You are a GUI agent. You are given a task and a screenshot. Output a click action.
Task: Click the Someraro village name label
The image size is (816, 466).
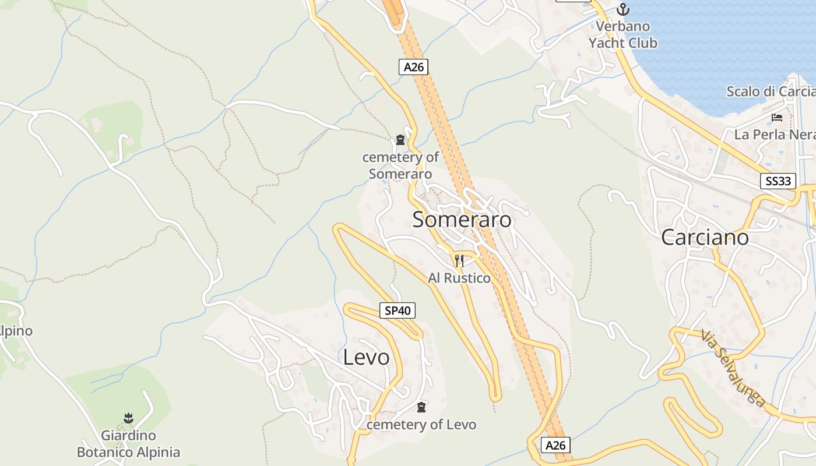click(462, 220)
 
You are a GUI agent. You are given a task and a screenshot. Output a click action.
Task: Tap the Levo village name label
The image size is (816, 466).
click(366, 357)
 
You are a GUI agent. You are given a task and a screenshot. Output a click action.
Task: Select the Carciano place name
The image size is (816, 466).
click(705, 238)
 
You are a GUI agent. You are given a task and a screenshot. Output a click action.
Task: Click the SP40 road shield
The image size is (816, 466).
click(398, 310)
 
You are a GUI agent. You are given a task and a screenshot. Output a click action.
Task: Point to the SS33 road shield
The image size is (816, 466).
click(778, 181)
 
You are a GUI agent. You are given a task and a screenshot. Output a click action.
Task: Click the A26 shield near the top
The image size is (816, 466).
click(414, 67)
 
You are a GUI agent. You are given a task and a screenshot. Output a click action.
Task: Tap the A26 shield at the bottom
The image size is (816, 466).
click(555, 446)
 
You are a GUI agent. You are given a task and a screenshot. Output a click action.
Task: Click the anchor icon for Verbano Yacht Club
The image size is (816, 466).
click(623, 9)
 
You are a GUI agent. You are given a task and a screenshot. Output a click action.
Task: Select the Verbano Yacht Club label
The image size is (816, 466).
click(622, 35)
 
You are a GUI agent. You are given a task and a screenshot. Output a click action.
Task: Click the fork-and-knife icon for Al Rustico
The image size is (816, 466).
click(459, 260)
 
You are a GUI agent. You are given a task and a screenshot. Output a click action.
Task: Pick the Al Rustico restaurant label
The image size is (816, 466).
click(459, 278)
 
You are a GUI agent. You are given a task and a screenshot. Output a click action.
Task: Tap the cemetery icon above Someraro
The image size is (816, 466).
click(400, 139)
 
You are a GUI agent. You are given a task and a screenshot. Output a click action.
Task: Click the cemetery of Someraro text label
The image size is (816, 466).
click(400, 165)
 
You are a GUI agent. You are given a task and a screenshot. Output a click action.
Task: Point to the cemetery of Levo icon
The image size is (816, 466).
click(421, 407)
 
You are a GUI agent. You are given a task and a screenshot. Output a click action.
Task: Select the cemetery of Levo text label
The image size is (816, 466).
click(421, 425)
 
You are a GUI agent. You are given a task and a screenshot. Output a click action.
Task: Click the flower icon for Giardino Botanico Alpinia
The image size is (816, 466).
click(129, 418)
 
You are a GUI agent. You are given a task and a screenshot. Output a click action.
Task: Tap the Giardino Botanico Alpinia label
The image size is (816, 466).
click(129, 444)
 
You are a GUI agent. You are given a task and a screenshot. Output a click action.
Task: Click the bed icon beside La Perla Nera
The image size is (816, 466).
click(777, 118)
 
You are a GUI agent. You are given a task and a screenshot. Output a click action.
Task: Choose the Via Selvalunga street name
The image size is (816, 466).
click(733, 368)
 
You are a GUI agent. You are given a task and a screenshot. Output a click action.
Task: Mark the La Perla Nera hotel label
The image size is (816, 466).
click(774, 135)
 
